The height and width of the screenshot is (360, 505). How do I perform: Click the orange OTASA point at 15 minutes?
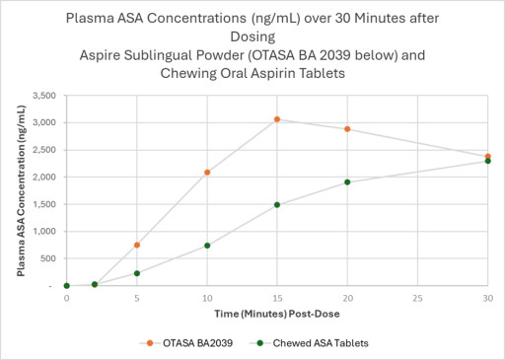[x=277, y=119]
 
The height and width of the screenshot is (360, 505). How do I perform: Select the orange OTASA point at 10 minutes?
[x=207, y=173]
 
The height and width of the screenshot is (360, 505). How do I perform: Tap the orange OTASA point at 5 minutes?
[x=137, y=245]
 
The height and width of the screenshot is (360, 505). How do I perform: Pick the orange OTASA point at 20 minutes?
[x=347, y=129]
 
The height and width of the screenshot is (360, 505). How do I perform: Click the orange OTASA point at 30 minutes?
[x=487, y=156]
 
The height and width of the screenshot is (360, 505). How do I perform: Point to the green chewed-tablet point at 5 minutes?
[x=137, y=273]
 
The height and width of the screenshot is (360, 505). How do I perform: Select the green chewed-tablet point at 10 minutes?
[x=207, y=246]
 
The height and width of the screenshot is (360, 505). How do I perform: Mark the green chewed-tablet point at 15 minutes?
[x=277, y=205]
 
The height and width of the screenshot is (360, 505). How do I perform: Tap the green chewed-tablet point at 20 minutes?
[x=347, y=181]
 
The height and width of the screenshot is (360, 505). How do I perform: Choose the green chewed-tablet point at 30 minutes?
[x=487, y=161]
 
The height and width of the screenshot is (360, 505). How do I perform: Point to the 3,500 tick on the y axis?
[x=44, y=96]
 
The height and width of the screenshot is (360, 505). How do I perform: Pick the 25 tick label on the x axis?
[x=417, y=297]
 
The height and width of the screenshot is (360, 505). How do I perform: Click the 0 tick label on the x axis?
[x=67, y=297]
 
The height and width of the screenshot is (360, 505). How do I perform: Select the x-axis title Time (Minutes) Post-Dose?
[x=276, y=312]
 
